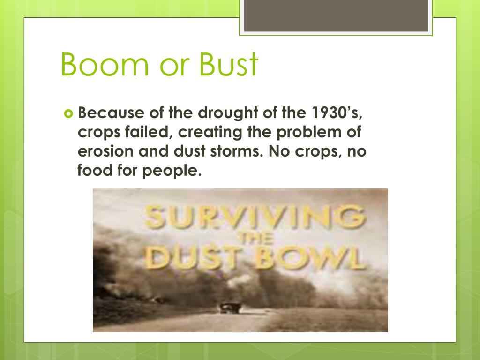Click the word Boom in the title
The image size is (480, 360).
[x=105, y=64]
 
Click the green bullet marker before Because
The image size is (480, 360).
[x=68, y=114]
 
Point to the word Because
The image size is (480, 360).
[x=111, y=112]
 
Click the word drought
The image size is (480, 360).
[x=228, y=113]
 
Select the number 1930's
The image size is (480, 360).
[x=337, y=113]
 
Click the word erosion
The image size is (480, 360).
[x=105, y=151]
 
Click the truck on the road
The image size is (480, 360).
[x=229, y=307]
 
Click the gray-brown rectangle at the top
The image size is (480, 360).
[x=336, y=15]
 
